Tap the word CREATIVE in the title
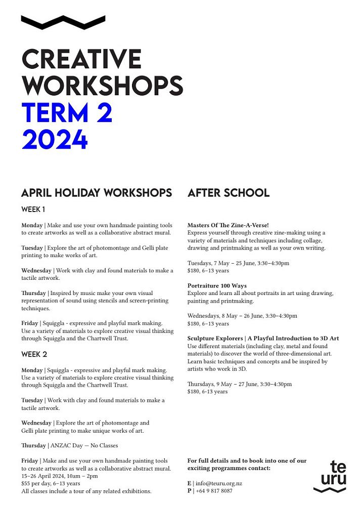(x=81, y=59)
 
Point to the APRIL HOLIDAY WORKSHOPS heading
(x=97, y=193)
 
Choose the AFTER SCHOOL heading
(x=229, y=193)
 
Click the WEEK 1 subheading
(x=34, y=209)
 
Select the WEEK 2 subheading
(x=34, y=354)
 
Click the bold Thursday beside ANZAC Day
(x=33, y=445)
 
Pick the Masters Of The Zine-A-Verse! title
(x=228, y=225)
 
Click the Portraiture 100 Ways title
(x=217, y=286)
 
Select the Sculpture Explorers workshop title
(x=263, y=339)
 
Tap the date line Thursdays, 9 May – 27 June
(x=239, y=384)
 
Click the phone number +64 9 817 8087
(x=214, y=491)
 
